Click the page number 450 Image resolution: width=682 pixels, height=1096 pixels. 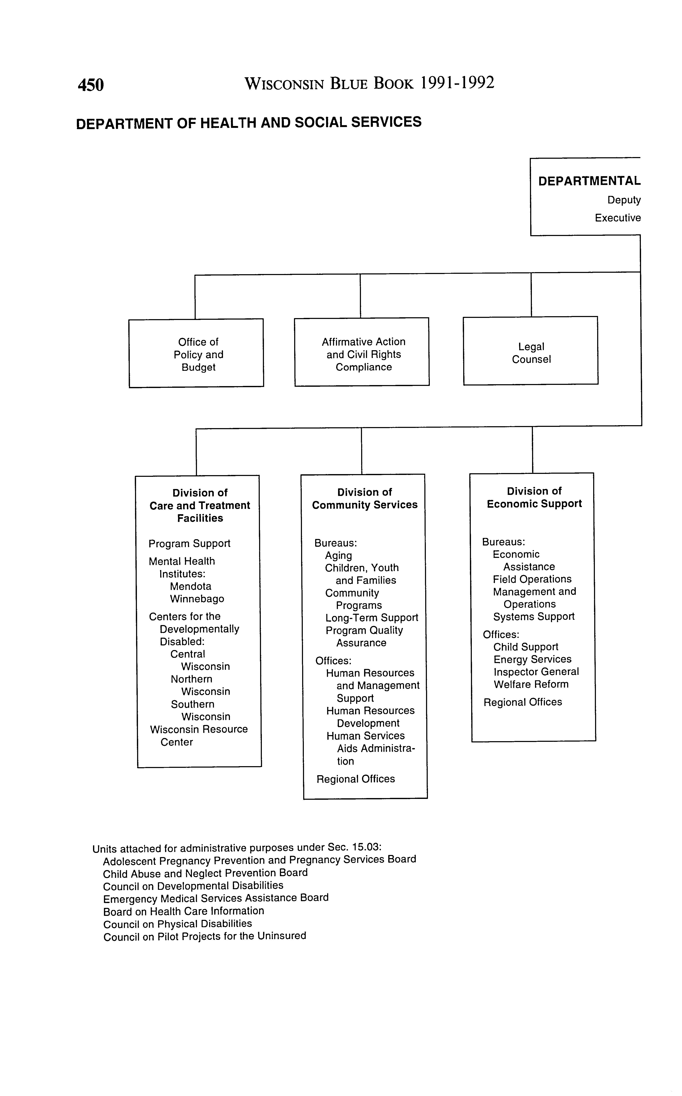[x=91, y=85]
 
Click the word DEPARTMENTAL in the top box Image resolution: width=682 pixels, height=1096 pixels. [x=589, y=181]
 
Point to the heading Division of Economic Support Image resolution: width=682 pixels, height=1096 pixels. [x=534, y=497]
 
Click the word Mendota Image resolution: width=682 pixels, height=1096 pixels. [x=190, y=586]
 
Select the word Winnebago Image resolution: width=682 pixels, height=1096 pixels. [x=197, y=599]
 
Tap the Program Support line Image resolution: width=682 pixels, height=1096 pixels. [x=189, y=544]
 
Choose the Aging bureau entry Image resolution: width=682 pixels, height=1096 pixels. [x=338, y=556]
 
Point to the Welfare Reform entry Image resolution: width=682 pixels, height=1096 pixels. [x=531, y=684]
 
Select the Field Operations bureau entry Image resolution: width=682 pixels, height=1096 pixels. [x=532, y=579]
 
